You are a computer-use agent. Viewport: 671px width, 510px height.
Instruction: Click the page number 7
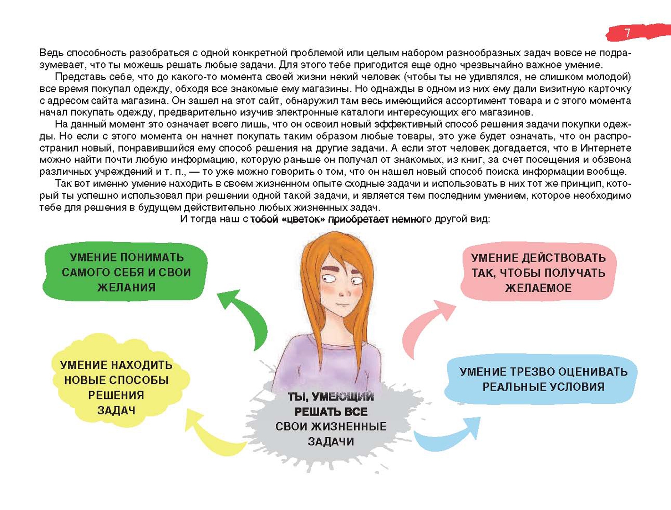(627, 33)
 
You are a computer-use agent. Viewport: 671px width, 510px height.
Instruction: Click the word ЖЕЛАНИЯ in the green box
(126, 288)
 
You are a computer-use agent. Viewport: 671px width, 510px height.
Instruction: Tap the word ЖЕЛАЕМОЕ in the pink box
(538, 288)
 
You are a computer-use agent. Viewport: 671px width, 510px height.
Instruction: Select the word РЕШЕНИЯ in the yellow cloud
(116, 395)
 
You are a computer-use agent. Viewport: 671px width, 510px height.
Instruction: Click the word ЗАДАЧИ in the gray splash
(331, 442)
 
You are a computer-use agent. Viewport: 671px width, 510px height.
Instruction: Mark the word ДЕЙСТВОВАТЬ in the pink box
(563, 258)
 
